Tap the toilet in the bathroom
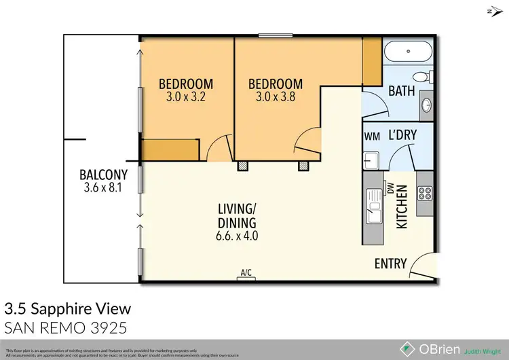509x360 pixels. (x=422, y=75)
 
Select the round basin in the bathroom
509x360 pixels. (x=426, y=105)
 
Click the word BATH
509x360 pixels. (x=401, y=91)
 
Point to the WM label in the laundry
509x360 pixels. (x=372, y=137)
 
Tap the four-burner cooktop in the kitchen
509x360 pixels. (x=425, y=193)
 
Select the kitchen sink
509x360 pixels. (x=372, y=204)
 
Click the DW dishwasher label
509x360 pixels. (x=390, y=187)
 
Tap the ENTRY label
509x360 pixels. (x=390, y=264)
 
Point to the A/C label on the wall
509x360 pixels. (x=246, y=273)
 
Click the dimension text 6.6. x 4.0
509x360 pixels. (x=236, y=236)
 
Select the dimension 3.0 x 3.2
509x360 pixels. (x=185, y=96)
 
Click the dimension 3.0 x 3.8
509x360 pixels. (x=275, y=96)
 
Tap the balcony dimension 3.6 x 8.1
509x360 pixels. (x=100, y=188)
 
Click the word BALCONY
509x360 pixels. (x=100, y=175)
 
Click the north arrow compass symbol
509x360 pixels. (x=492, y=11)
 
